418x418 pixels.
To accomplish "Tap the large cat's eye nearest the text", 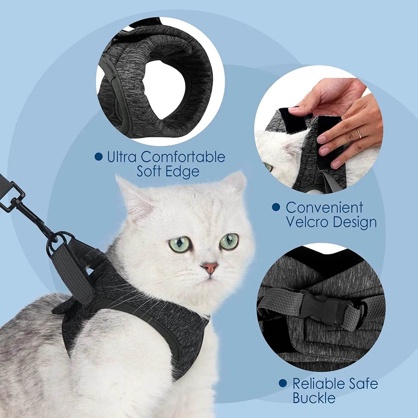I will pyautogui.click(x=229, y=240).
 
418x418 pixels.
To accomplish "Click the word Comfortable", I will pyautogui.click(x=183, y=157).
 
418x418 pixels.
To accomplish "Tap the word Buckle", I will pyautogui.click(x=314, y=398).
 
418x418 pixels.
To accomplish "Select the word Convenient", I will pyautogui.click(x=324, y=208).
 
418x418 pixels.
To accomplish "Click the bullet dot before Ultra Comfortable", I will pyautogui.click(x=98, y=157).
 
